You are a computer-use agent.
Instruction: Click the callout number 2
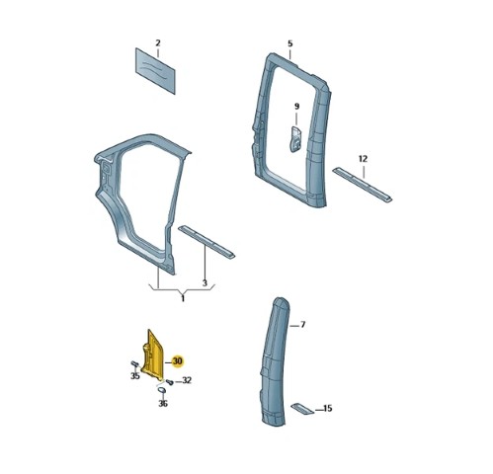[x=158, y=43]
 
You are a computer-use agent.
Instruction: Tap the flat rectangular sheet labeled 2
[x=155, y=71]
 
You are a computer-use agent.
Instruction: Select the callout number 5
[x=289, y=43]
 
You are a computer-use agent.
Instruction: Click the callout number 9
[x=296, y=107]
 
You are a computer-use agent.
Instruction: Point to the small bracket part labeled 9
[x=295, y=139]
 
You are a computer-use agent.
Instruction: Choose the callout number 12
[x=363, y=159]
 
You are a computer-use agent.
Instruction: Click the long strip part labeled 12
[x=363, y=185]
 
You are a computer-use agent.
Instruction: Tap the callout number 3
[x=205, y=282]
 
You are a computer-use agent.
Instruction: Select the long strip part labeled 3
[x=206, y=242]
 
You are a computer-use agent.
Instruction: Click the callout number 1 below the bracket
[x=183, y=299]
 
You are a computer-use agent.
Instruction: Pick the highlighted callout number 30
[x=177, y=361]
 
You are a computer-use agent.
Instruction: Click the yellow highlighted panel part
[x=153, y=355]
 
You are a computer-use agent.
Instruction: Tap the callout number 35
[x=135, y=375]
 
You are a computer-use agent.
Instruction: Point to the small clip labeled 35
[x=134, y=363]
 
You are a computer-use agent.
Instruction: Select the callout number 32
[x=187, y=380]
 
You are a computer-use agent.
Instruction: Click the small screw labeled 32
[x=170, y=382]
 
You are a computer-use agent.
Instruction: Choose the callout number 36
[x=163, y=403]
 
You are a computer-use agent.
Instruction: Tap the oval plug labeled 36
[x=162, y=390]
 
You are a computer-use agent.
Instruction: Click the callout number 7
[x=303, y=325]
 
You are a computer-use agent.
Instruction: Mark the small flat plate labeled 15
[x=302, y=408]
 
